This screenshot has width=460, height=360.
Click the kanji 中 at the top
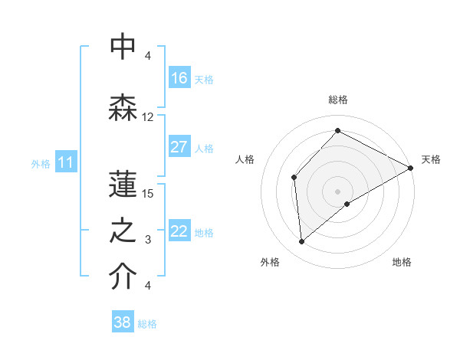[x=123, y=47]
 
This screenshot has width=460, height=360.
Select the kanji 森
[x=123, y=107]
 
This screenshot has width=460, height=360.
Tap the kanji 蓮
[x=123, y=183]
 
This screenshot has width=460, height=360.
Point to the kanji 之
[x=123, y=233]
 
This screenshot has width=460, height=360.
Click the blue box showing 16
[x=179, y=78]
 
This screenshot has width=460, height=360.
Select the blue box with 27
[x=179, y=148]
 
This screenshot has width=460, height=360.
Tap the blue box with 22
[x=179, y=232]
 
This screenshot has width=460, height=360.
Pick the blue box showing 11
[x=65, y=162]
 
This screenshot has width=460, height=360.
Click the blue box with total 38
[x=123, y=322]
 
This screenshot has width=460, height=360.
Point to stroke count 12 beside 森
[x=148, y=117]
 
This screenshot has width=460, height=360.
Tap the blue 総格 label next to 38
[x=147, y=324]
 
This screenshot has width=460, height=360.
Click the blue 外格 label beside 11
[x=41, y=163]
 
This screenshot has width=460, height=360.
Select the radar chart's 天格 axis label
[x=431, y=159]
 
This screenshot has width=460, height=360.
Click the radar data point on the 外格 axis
[x=302, y=242]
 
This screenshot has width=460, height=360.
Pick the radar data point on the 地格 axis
[x=347, y=204]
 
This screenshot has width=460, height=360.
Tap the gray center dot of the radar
[x=337, y=191]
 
